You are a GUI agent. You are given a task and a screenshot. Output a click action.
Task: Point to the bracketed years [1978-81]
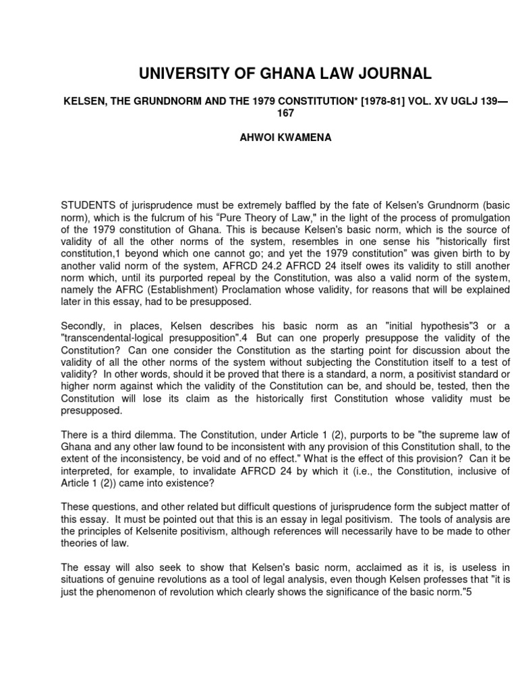[335, 101]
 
